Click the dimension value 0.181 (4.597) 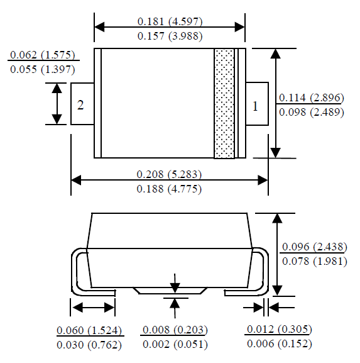170,21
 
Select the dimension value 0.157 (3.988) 170,36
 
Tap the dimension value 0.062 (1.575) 41,55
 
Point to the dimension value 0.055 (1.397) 41,69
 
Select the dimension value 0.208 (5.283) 170,174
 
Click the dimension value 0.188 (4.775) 170,188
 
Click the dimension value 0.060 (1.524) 89,330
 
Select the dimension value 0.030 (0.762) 89,344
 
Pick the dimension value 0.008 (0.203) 175,330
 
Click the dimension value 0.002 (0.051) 175,344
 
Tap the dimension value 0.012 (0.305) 280,330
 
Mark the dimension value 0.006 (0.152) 280,344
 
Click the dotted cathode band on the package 223,103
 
